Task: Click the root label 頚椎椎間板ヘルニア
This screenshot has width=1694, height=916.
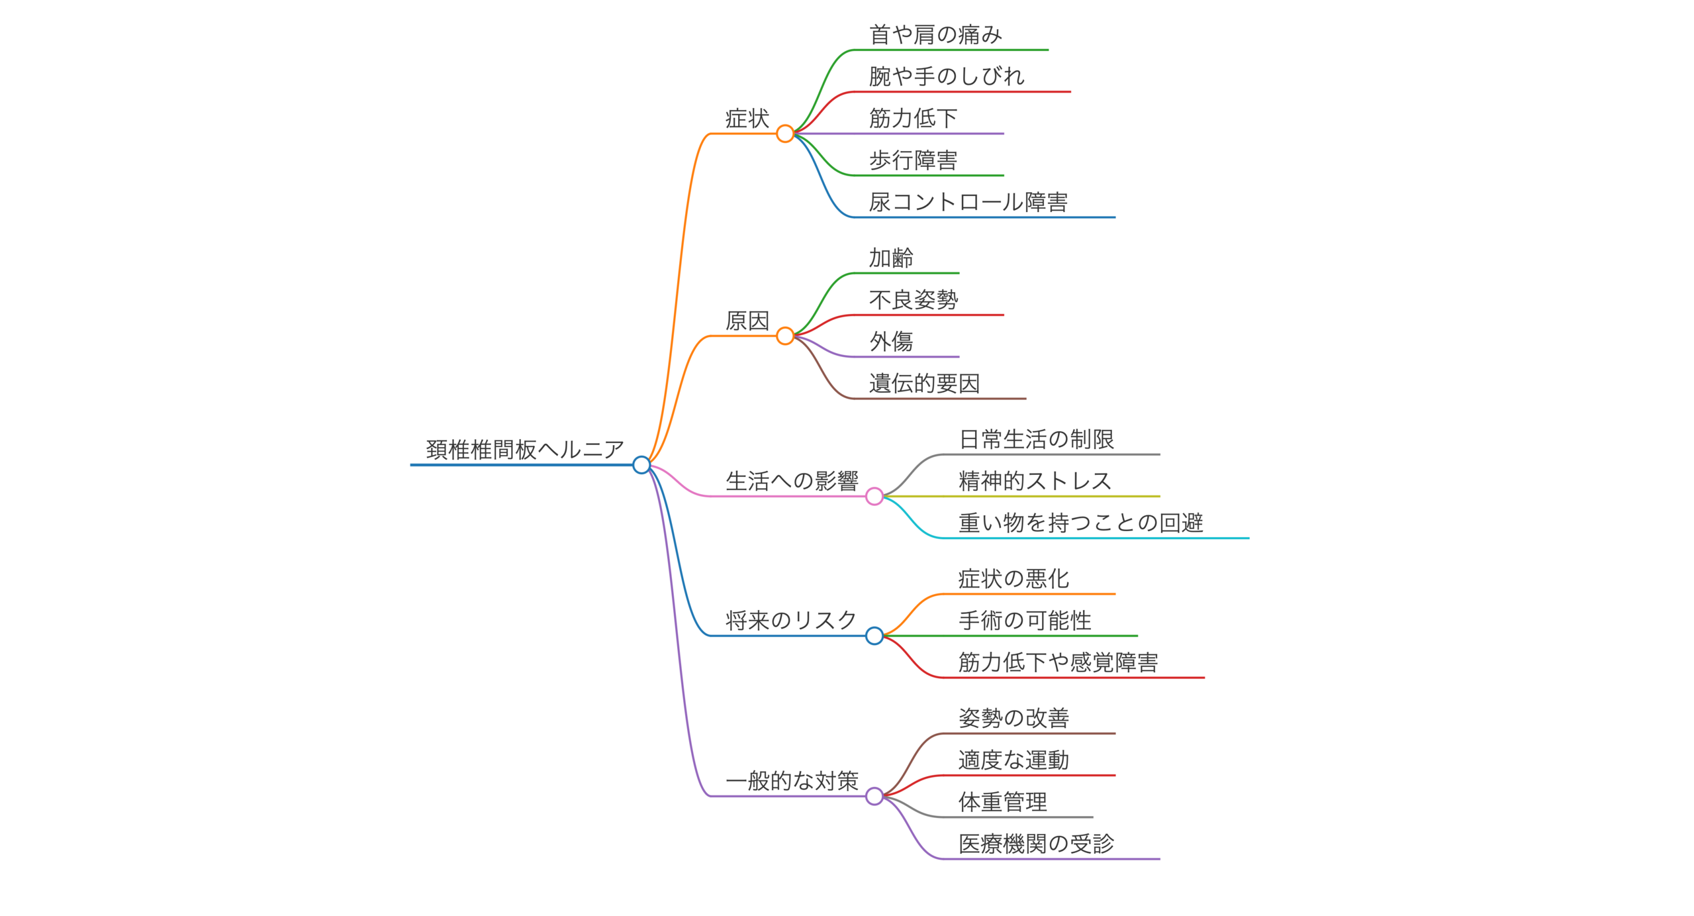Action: click(525, 450)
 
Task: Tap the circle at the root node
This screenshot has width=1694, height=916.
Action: click(641, 465)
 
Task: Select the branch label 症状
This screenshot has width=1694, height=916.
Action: click(747, 119)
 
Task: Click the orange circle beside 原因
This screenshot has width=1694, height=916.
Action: click(785, 336)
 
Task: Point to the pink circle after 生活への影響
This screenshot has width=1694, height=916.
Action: click(874, 496)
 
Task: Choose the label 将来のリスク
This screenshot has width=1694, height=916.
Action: click(792, 621)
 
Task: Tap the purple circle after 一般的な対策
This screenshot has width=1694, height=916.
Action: click(874, 796)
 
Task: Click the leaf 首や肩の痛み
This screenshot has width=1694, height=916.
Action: click(936, 34)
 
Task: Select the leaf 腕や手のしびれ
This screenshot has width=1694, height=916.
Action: click(947, 76)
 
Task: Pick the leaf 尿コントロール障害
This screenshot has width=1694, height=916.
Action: click(968, 202)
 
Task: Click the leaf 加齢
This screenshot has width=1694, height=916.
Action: click(892, 258)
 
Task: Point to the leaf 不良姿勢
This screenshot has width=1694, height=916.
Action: click(914, 300)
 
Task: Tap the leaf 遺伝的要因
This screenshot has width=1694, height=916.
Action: click(925, 383)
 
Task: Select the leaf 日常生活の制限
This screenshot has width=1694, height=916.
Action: click(1037, 439)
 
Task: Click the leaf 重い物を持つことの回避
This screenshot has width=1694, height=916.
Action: click(1081, 523)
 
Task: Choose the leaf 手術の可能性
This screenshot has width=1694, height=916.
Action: click(1025, 621)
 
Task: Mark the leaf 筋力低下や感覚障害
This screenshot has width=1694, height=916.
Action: click(1059, 662)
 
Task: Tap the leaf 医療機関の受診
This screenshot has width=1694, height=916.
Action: click(1037, 844)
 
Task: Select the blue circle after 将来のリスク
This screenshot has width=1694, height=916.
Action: click(874, 636)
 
